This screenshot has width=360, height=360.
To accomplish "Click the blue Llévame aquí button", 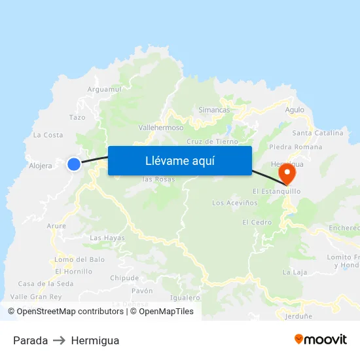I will tap(179, 160).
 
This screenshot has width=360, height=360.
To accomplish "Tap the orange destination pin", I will tap(287, 173).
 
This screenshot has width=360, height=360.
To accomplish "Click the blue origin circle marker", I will tap(74, 164).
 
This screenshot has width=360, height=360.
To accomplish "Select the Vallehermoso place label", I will tap(161, 128).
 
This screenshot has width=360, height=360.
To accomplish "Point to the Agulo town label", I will tap(295, 110).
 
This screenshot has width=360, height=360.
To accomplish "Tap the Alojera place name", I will tap(41, 166).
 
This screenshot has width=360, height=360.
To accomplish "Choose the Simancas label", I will tap(214, 110).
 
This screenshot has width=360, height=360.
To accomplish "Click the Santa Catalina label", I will tap(317, 133).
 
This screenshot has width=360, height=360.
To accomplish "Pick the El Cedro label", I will tap(257, 223).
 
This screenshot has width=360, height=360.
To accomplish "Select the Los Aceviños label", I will tap(232, 203).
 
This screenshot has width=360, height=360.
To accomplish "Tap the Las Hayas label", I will tap(107, 238).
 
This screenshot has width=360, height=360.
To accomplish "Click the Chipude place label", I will tap(124, 278).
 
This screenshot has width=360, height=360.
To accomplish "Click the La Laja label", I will tap(294, 272).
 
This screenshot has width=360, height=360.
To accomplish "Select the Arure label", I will tap(56, 226).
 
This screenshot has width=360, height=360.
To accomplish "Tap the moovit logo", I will tap(321, 339).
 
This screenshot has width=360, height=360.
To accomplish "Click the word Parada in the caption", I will tap(30, 340).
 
